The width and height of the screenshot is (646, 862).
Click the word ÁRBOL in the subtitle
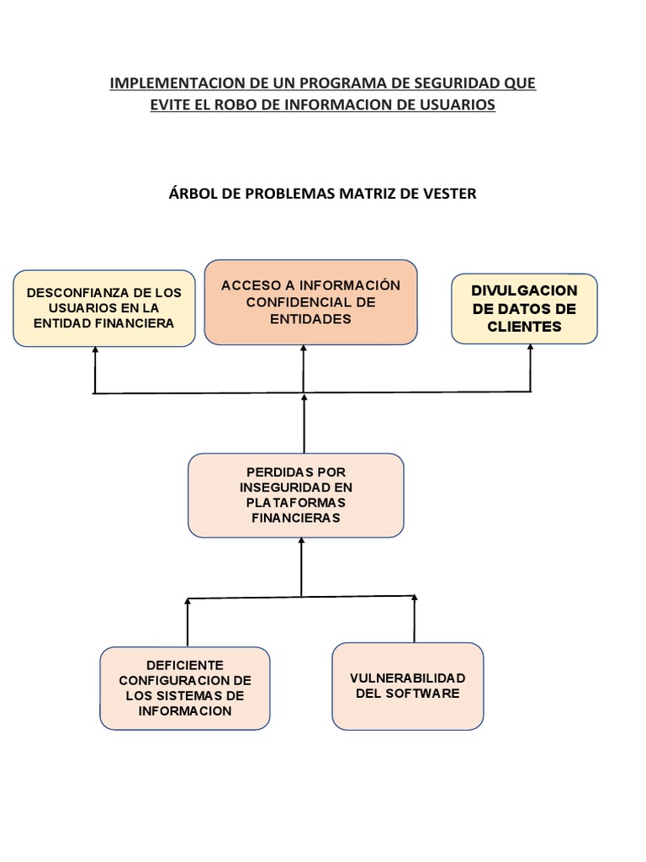[x=193, y=194]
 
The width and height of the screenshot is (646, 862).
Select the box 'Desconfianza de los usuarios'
[x=104, y=308]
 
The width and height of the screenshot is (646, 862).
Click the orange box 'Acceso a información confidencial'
[x=310, y=302]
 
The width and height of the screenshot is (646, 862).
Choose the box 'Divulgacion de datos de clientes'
[x=524, y=308]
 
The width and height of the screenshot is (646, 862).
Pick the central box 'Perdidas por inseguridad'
[x=295, y=495]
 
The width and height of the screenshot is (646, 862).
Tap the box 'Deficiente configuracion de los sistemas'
[x=185, y=688]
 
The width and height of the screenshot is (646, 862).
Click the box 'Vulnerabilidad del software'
[x=407, y=686]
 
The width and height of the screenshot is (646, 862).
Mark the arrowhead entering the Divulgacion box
[x=531, y=349]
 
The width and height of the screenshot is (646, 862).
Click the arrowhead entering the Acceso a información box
[x=304, y=349]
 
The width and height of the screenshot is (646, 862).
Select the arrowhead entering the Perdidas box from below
[x=300, y=543]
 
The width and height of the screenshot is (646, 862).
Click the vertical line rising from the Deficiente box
[x=187, y=623]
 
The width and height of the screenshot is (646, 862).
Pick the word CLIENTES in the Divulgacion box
[x=524, y=327]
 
